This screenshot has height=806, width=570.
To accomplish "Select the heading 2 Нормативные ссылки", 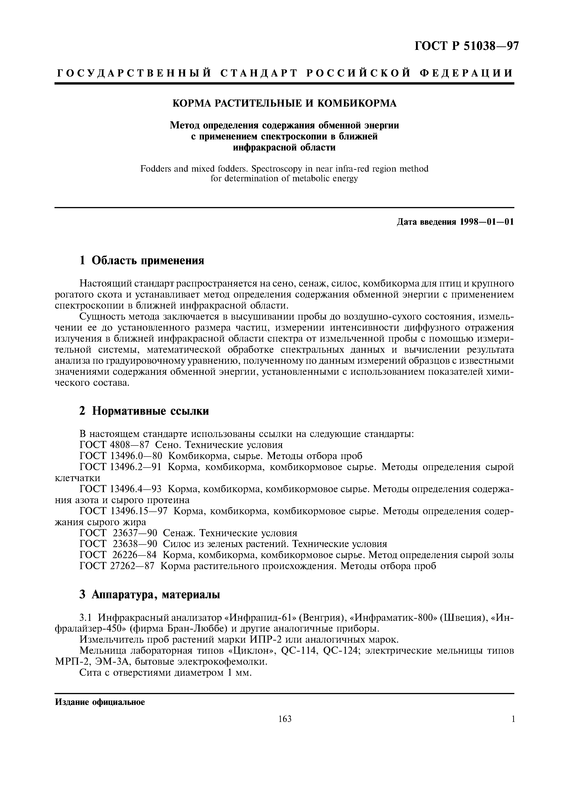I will (144, 411).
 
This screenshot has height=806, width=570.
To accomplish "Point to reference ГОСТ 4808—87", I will (115, 445).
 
